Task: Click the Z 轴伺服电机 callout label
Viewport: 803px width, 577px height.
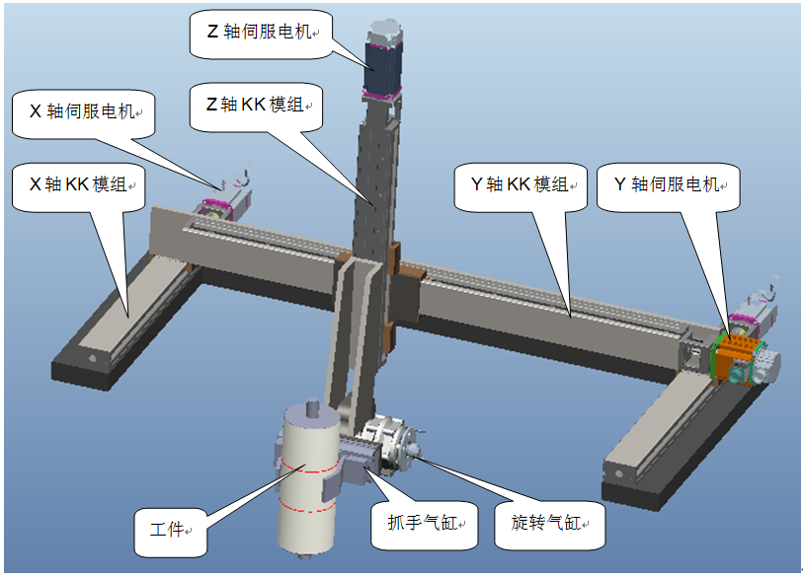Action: [x=257, y=31]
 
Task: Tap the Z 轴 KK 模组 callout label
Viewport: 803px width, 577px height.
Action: [x=255, y=104]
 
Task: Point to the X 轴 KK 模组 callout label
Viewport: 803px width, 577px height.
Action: [x=74, y=183]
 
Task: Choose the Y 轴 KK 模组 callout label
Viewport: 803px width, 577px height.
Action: [x=519, y=183]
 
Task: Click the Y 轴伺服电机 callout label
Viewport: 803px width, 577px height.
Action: [x=669, y=183]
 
